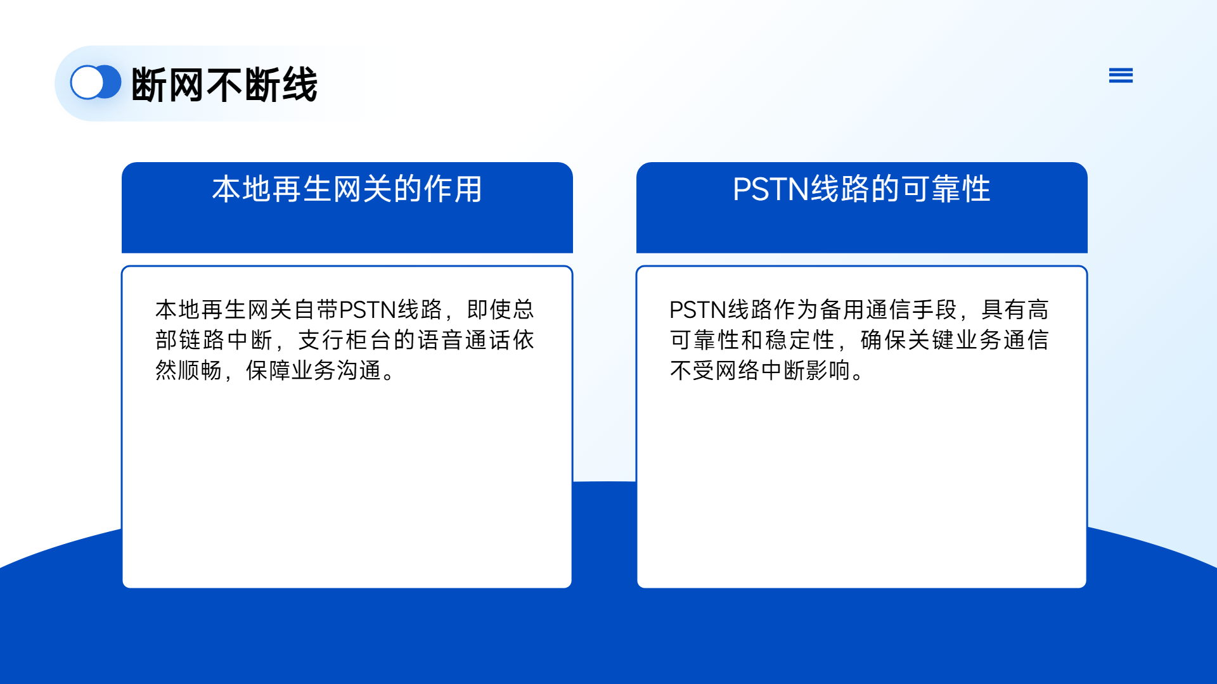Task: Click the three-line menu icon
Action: click(x=1121, y=75)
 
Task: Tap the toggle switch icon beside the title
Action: click(x=96, y=82)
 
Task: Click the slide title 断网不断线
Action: click(x=224, y=84)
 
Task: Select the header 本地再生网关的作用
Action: click(x=347, y=189)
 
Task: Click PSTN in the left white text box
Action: click(x=368, y=310)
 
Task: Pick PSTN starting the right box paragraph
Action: click(x=698, y=310)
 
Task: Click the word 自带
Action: click(x=316, y=310)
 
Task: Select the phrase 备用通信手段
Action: click(x=888, y=310)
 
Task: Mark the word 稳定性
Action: click(x=801, y=340)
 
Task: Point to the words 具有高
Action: click(x=1015, y=310)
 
